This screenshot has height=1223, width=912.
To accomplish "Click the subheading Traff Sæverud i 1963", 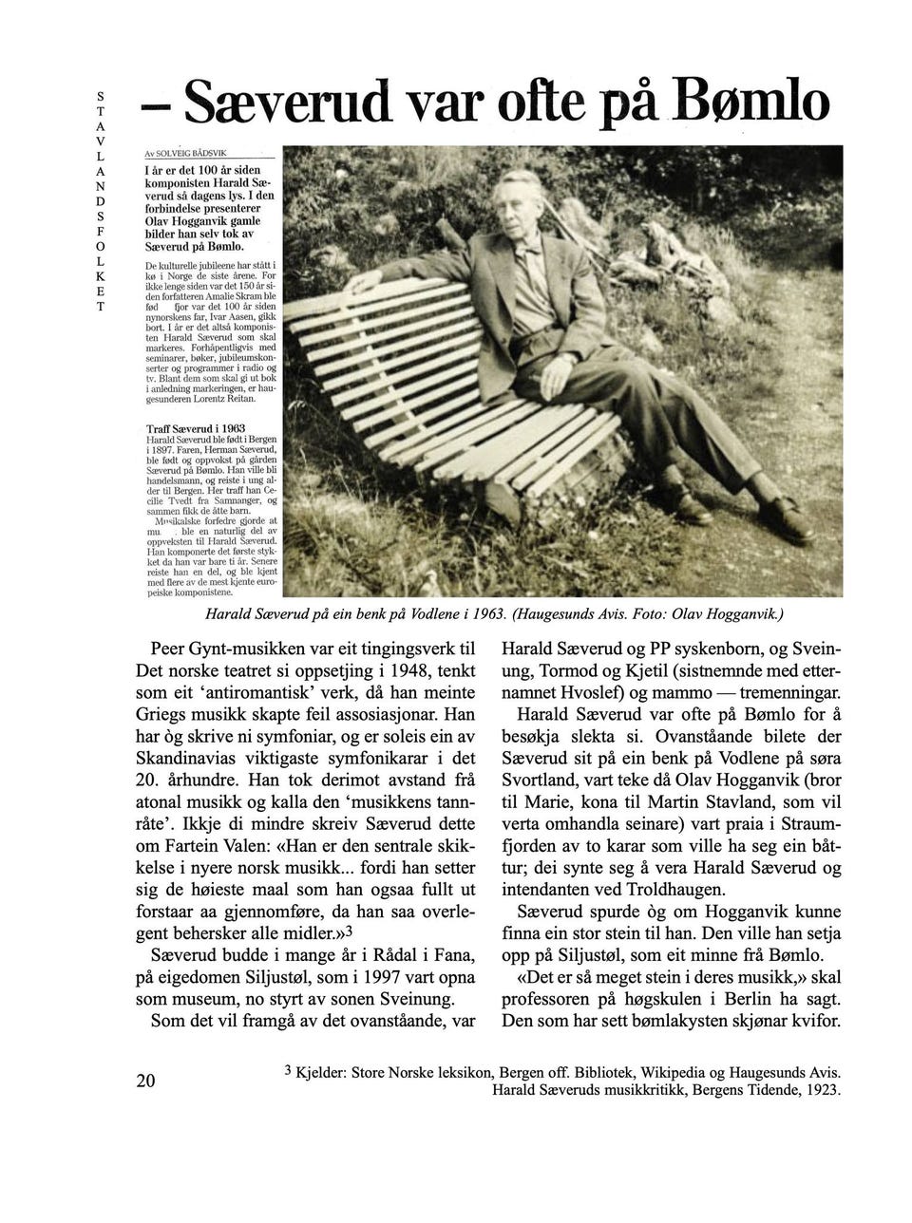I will tap(196, 428).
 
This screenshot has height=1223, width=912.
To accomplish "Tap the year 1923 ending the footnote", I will tap(823, 1090).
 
